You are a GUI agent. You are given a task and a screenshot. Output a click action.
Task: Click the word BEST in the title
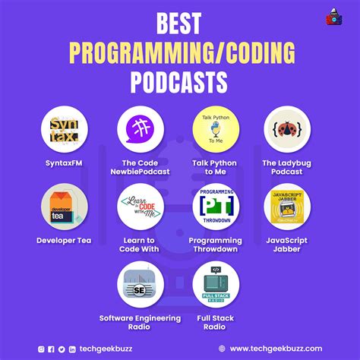pyautogui.click(x=179, y=25)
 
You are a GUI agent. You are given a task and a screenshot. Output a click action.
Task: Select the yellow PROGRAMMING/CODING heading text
pyautogui.click(x=180, y=52)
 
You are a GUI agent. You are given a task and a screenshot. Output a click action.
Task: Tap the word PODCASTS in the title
pyautogui.click(x=180, y=79)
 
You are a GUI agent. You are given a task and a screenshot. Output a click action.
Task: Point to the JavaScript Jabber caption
pyautogui.click(x=291, y=245)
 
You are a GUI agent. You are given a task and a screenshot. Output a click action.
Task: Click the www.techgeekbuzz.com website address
pyautogui.click(x=277, y=349)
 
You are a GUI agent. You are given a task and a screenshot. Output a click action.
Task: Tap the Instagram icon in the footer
pyautogui.click(x=42, y=349)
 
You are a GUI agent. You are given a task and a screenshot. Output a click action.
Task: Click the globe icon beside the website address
pyautogui.click(x=221, y=349)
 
